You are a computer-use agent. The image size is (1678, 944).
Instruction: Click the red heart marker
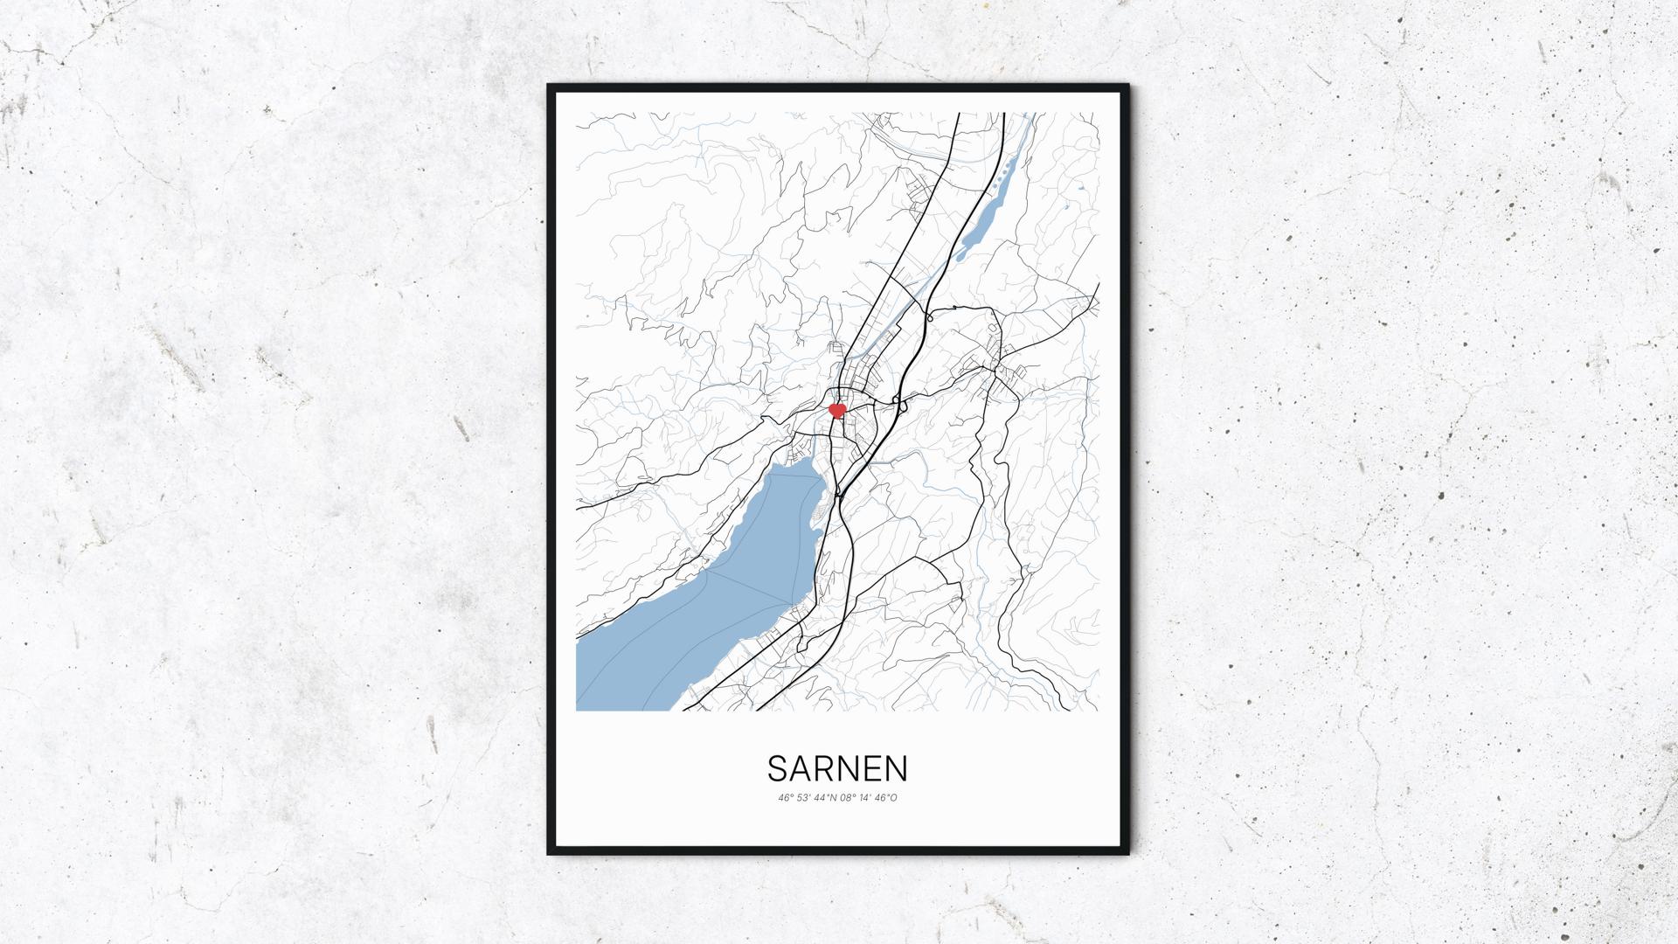coord(837,409)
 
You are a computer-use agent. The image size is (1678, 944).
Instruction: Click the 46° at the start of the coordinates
coord(785,797)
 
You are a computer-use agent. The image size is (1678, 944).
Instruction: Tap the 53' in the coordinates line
coord(803,797)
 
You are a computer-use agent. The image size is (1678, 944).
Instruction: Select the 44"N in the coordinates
coord(824,797)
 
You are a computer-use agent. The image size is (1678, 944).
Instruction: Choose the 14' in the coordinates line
coord(866,797)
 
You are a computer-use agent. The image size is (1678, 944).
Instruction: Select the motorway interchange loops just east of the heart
coord(898,402)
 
